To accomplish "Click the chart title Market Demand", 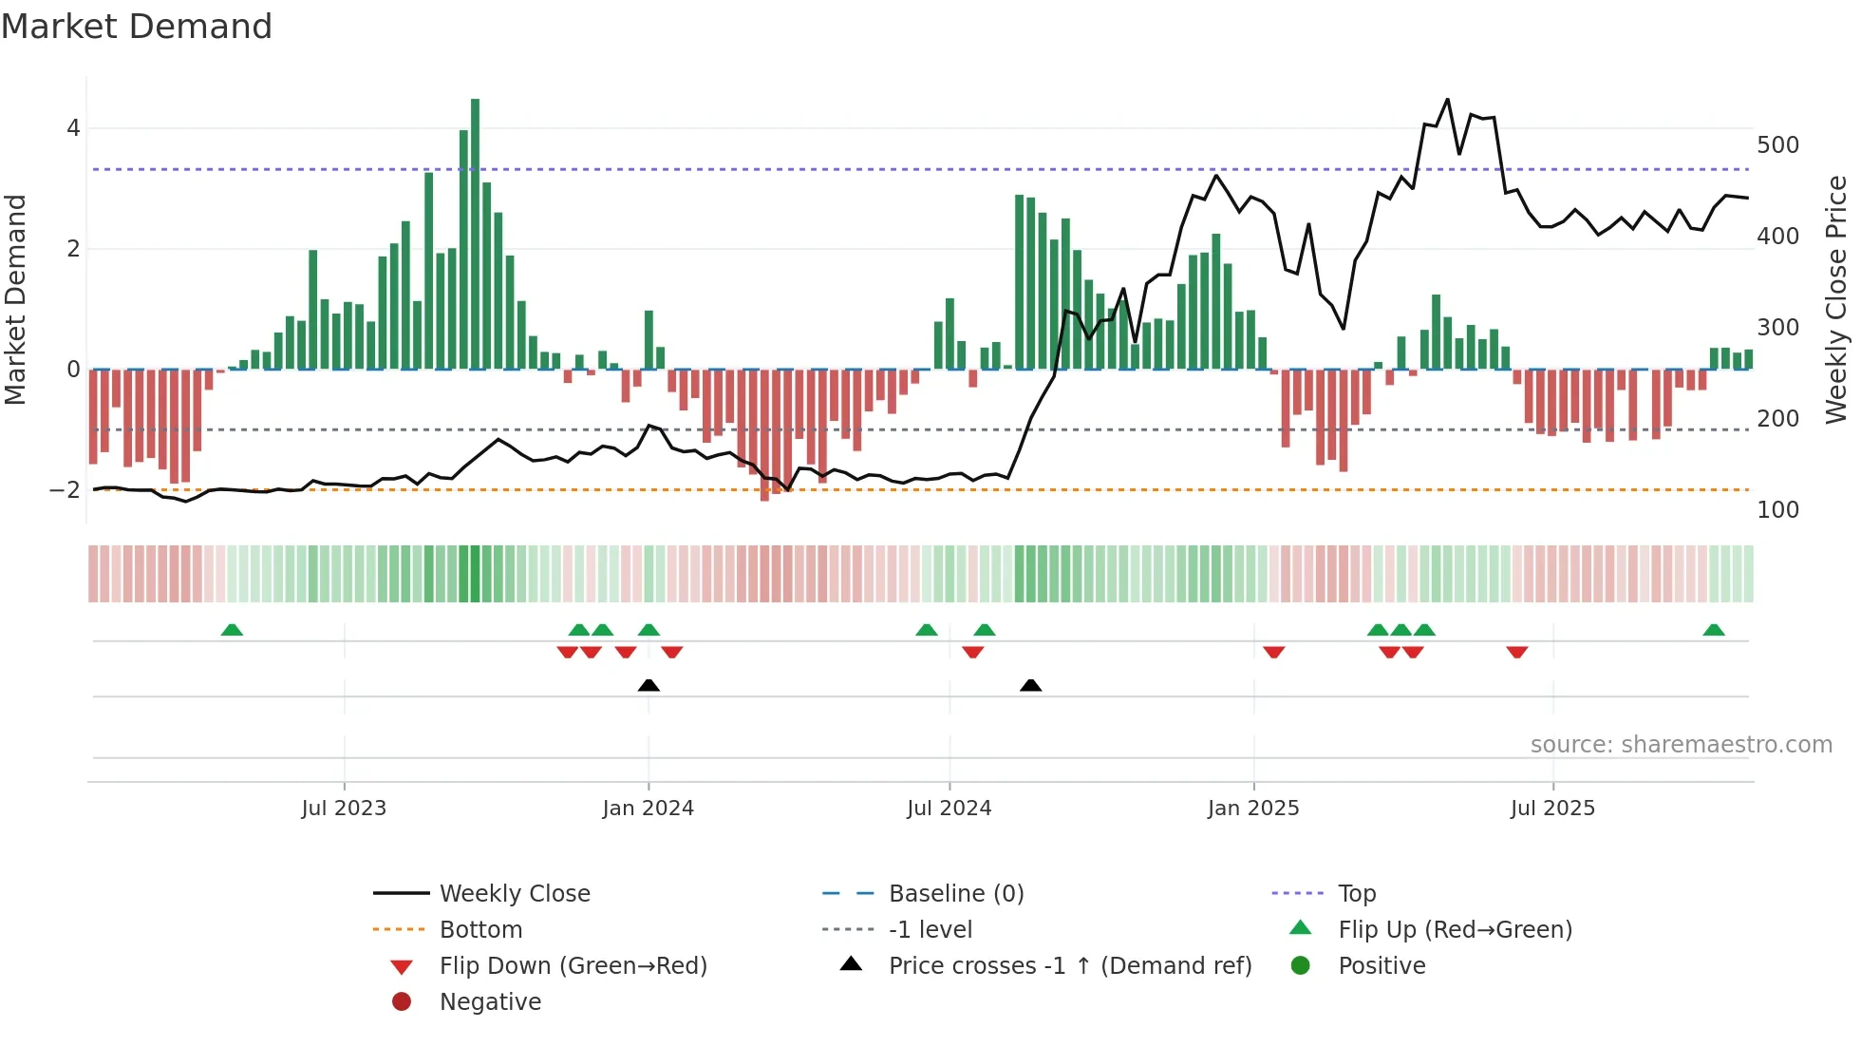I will pos(137,26).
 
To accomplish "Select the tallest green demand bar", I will pos(475,233).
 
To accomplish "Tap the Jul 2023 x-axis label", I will pos(344,809).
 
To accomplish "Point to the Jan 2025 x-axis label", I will pos(1253,809).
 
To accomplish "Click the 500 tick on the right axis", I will pos(1777,145).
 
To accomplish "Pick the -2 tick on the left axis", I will pos(65,490).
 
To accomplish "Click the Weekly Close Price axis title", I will pos(1836,299).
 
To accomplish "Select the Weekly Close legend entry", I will pos(514,894).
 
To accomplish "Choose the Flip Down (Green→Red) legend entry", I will pos(573,966).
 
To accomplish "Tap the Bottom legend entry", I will pos(480,930).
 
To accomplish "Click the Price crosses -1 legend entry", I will pos(1069,966).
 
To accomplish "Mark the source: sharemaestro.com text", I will pos(1681,745).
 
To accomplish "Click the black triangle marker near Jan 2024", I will pos(649,685).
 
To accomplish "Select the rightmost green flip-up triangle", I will pos(1714,630).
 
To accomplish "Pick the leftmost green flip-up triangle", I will pos(232,630).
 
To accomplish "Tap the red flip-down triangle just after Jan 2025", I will pos(1274,652).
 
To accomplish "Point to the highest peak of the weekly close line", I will pos(1447,99).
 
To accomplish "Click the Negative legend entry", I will pos(490,1002).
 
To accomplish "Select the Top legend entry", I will pos(1357,894).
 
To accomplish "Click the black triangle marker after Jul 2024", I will pos(1030,685).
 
